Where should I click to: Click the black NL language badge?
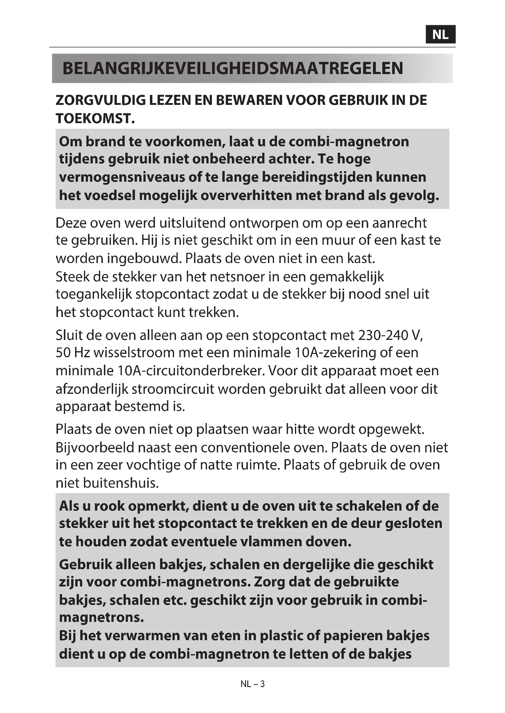click(440, 34)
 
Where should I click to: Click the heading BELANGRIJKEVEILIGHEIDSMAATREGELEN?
click(233, 68)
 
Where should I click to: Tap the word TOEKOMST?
click(95, 118)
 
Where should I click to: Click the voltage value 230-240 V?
click(391, 335)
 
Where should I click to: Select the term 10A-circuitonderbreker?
click(191, 371)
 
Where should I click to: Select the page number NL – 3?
click(252, 684)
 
